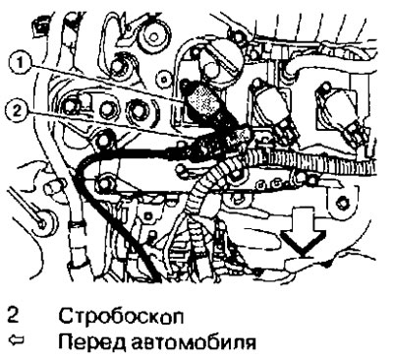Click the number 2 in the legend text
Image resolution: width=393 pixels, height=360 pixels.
click(x=13, y=318)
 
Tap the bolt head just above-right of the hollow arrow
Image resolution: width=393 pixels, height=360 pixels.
click(x=341, y=205)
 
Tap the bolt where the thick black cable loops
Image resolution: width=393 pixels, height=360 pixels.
click(x=106, y=181)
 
